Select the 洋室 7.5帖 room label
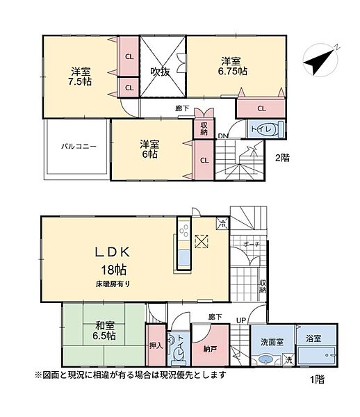point(81,76)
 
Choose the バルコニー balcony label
point(77,147)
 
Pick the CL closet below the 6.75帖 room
point(261,108)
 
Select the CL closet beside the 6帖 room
point(204,161)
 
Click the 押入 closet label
point(155,343)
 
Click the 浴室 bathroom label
point(313,338)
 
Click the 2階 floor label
point(281,157)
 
